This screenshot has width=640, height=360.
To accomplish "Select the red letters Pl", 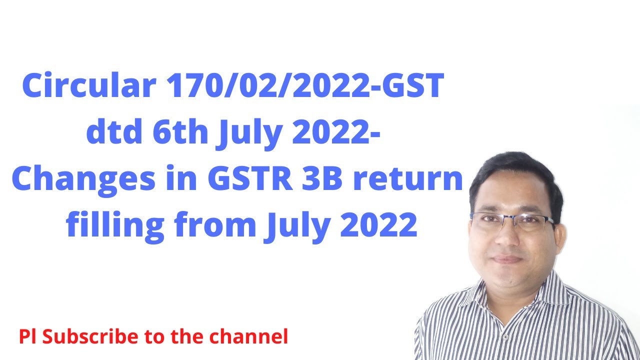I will pos(29,336).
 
